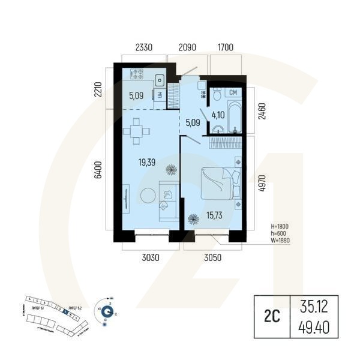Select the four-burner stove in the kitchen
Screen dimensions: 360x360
pos(137,75)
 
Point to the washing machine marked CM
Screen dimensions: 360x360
pos(233,92)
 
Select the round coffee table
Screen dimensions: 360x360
pos(147,196)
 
